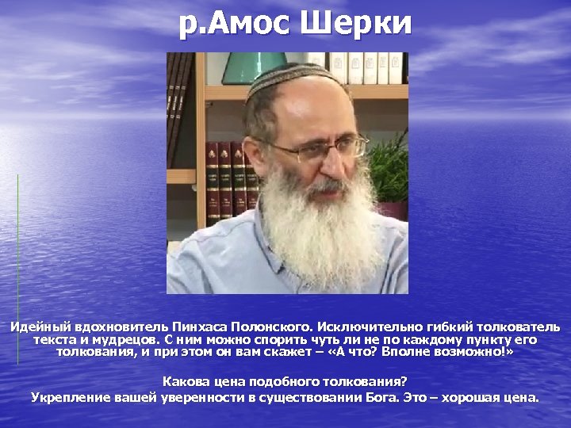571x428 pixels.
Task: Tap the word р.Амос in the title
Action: pos(235,24)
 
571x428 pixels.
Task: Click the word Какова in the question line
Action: pos(184,381)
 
